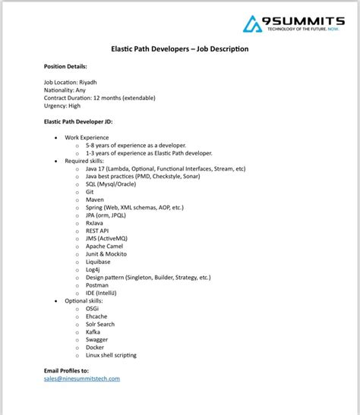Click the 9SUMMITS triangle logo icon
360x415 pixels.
coord(252,24)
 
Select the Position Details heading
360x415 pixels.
coord(65,67)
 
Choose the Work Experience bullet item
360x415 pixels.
coord(87,137)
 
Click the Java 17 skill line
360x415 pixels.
coord(165,168)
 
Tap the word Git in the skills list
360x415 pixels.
coord(90,192)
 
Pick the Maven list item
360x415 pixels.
coord(94,200)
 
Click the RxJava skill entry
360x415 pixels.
coord(95,223)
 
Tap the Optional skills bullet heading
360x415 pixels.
coord(87,301)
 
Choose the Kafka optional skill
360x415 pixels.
coord(93,332)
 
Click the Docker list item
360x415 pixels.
coord(95,347)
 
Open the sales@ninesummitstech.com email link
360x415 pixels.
coord(82,378)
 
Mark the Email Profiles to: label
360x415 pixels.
coord(71,370)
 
